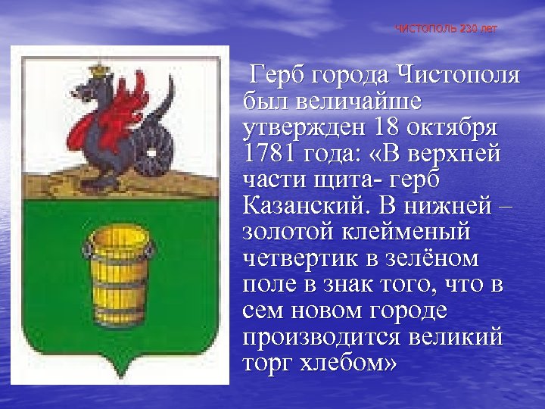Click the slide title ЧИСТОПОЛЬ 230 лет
(446, 29)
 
